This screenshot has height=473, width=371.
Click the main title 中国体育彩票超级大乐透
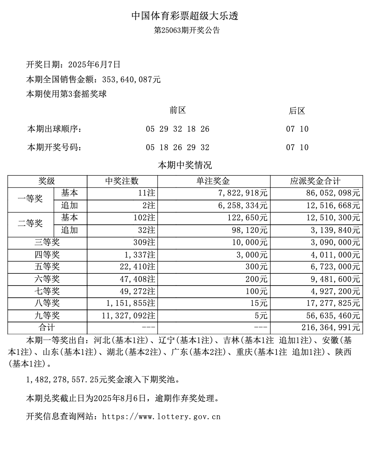(185, 16)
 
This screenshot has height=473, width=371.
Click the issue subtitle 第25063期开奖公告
(187, 31)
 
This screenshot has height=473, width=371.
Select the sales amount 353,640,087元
(131, 80)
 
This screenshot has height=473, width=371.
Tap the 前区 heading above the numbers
(178, 111)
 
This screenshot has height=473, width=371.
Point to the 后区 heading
(297, 111)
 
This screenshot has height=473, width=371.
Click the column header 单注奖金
(213, 181)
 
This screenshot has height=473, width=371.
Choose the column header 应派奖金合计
(315, 181)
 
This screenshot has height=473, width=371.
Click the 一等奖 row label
(30, 199)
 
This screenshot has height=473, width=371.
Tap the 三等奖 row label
(47, 243)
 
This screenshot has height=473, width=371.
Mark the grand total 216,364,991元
(330, 327)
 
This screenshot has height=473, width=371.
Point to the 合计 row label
(47, 327)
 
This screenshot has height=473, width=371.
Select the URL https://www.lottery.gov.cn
(161, 417)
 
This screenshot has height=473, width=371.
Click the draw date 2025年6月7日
(95, 65)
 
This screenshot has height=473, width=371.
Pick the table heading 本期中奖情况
(185, 165)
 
